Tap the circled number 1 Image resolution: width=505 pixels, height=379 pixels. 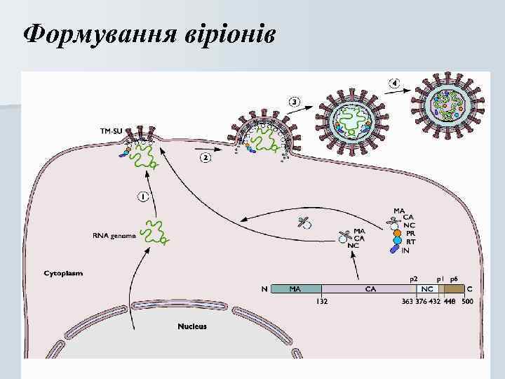point(142,197)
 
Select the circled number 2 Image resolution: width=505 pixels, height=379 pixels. point(206,158)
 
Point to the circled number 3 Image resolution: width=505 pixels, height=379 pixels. point(295,102)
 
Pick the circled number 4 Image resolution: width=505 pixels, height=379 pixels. point(396,84)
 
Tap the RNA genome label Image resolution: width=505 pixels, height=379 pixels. point(114,236)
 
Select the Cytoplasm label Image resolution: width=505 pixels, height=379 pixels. point(63,273)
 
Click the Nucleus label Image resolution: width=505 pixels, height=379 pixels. point(192,326)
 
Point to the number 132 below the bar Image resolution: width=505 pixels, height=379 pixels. point(322,302)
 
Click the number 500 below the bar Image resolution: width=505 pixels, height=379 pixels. point(468,302)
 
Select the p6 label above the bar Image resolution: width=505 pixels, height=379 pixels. point(454,279)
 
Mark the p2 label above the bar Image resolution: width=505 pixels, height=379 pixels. point(415,279)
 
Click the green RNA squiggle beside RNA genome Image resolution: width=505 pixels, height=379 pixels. point(154,232)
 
